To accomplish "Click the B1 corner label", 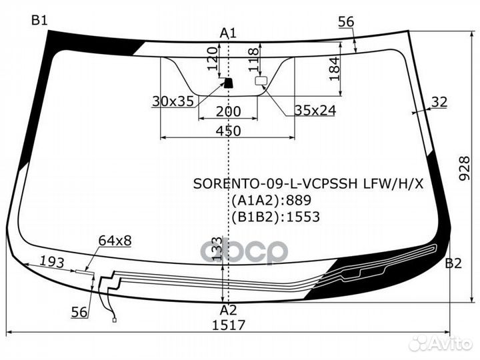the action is coord(39,21).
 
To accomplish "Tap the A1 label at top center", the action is coord(229,33).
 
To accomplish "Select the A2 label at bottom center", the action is coord(229,311).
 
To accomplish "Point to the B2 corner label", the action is coord(453,263).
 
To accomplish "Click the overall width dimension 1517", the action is coord(229,325).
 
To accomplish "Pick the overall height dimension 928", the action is coord(465,169).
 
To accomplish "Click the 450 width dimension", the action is coord(229,131).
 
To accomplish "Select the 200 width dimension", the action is coord(229,111).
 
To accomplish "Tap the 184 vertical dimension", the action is coord(335,68).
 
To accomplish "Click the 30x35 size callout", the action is coord(173,101).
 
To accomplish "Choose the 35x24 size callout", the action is coord(315,111).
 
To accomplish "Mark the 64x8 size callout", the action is coord(115,241).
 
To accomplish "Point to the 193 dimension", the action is coord(53,262).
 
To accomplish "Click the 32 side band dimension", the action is coord(439,101).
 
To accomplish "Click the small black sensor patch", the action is coord(228,83).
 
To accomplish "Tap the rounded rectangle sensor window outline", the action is coord(261,81).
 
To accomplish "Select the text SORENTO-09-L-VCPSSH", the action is coord(275,184).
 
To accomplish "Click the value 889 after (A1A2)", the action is coord(298,200).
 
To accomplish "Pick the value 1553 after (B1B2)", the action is coord(303,217).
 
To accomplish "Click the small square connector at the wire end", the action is coord(115,320).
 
